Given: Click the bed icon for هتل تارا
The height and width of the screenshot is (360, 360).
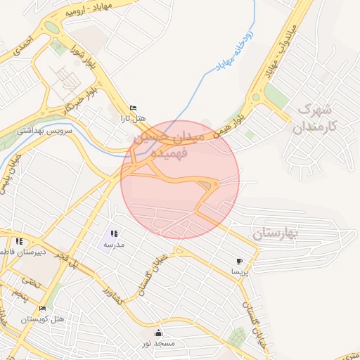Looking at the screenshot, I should coord(134,107).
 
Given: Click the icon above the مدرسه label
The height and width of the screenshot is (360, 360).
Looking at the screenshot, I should coord(115,233).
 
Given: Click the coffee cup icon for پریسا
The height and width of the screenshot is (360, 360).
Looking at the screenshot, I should coord(240,260).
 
